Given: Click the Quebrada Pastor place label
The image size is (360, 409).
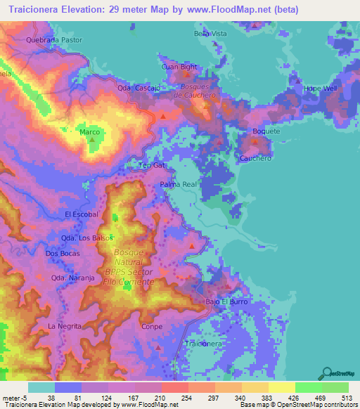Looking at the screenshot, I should [54, 40].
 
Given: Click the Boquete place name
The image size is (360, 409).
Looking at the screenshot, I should [266, 131].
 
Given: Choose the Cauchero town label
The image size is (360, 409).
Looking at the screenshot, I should [255, 159].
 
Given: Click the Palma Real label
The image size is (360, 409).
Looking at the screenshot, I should [180, 184].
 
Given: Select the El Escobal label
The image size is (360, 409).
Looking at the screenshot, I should [79, 214].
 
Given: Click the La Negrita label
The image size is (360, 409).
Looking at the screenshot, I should [64, 327].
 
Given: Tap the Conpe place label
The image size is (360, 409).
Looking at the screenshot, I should [151, 327].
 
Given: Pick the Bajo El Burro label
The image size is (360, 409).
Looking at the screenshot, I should [227, 301].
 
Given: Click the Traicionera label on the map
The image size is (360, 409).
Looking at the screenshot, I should [202, 344].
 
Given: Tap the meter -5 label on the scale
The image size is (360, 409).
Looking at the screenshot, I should [15, 398].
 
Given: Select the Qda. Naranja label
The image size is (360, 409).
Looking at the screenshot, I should [73, 278].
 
